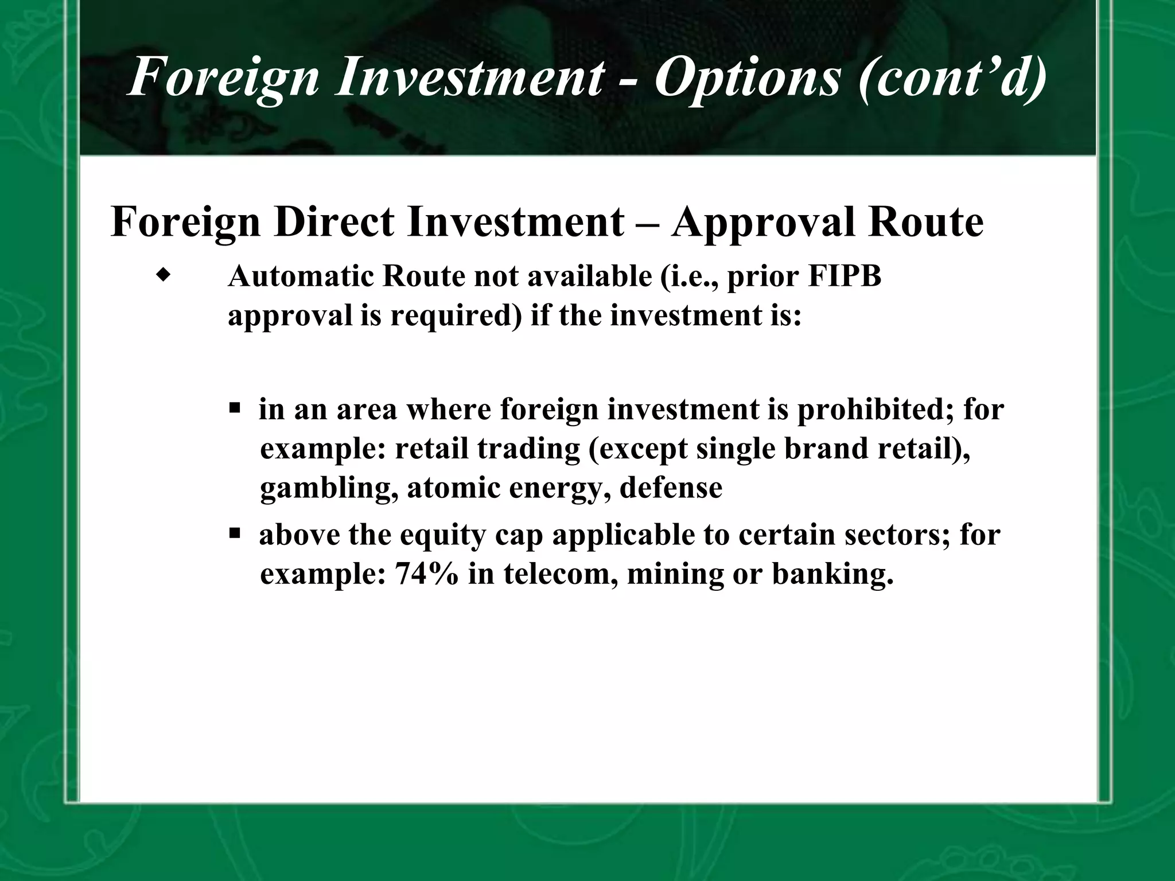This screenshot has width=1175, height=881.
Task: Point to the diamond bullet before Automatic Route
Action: pos(164,276)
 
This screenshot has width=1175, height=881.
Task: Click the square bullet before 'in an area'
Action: pos(234,409)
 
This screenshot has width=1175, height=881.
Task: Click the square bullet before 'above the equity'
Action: pos(234,534)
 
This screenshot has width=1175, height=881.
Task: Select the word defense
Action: pos(671,488)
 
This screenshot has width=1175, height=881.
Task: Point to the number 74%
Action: pos(426,574)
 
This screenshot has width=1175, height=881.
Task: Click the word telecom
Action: pos(561,574)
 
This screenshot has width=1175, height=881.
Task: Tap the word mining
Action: pos(675,574)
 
